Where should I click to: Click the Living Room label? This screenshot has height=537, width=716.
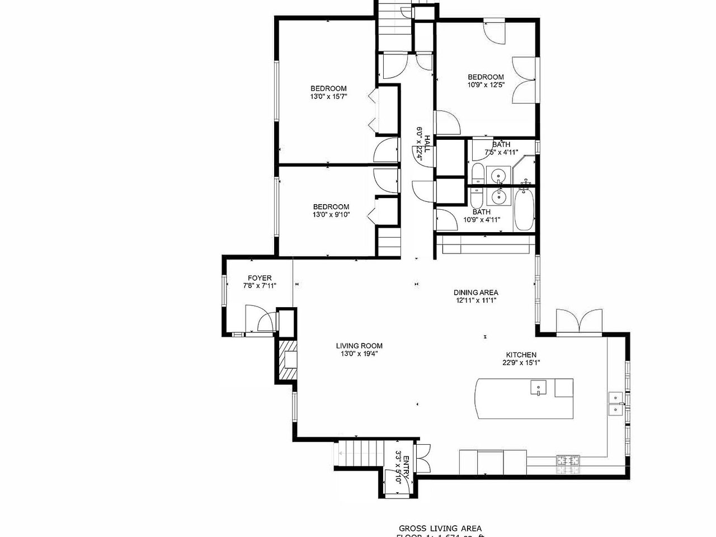click(x=359, y=346)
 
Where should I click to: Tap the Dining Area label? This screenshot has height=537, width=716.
click(x=475, y=292)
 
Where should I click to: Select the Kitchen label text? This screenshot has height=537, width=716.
click(x=521, y=355)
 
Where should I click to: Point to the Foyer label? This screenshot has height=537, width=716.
click(x=260, y=278)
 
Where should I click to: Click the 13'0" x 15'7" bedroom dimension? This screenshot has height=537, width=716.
click(x=328, y=96)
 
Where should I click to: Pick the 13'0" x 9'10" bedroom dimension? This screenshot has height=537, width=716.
click(x=331, y=214)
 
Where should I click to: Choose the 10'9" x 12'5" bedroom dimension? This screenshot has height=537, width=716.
click(x=486, y=85)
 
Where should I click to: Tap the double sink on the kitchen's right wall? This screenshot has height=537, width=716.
click(x=616, y=404)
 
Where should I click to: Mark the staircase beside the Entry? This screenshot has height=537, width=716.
click(x=358, y=452)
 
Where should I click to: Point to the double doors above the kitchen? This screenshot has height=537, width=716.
click(x=578, y=323)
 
